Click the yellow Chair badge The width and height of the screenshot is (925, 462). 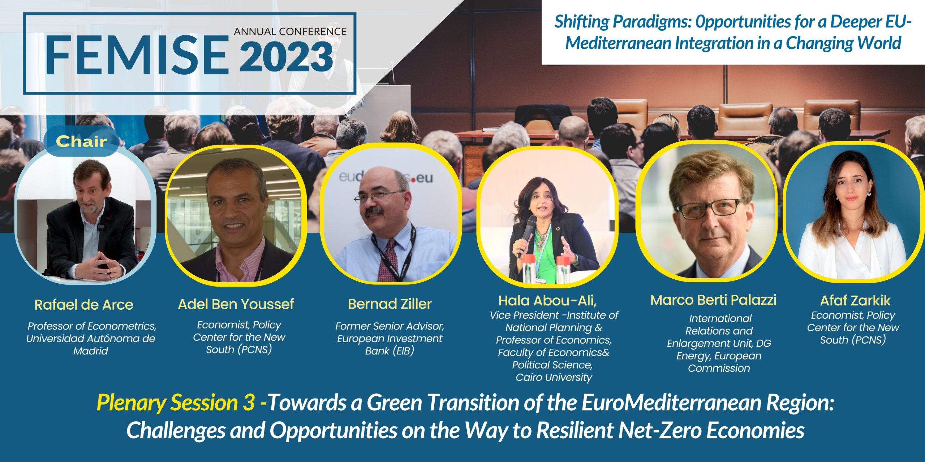[81, 141]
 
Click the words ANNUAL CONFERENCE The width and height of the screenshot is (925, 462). [290, 31]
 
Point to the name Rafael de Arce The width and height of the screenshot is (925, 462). [84, 305]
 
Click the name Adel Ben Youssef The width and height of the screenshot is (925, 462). [236, 304]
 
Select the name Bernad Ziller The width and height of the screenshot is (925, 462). [390, 304]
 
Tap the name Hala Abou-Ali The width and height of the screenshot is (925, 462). [547, 300]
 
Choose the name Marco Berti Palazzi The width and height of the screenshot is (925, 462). [713, 300]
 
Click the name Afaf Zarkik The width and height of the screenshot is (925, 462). [855, 300]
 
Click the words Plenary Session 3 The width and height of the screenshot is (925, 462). [176, 403]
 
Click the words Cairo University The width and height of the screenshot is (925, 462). [554, 377]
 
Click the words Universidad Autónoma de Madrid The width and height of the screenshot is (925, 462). [91, 345]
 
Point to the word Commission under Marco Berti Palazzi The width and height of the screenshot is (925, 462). [719, 368]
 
